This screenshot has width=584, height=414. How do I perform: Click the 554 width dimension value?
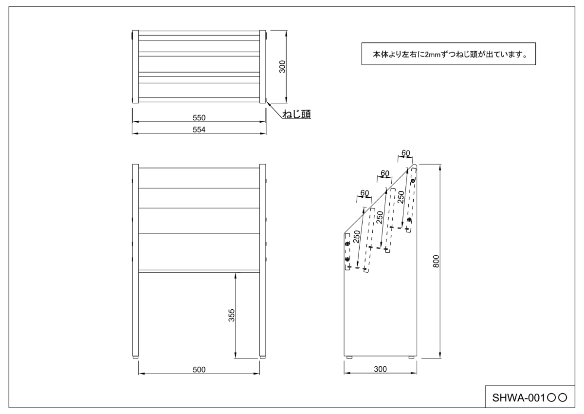point(199,130)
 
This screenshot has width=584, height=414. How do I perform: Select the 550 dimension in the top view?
point(199,117)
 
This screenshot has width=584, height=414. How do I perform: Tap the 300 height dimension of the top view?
point(281,66)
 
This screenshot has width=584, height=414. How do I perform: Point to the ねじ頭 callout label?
point(296,114)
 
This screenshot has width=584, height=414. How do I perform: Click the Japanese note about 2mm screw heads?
point(448,54)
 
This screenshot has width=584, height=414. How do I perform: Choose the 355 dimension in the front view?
point(232,315)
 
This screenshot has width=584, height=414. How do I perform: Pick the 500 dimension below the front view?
point(199,370)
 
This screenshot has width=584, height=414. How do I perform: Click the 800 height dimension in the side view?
point(436,262)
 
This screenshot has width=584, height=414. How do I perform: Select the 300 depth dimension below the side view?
point(381,369)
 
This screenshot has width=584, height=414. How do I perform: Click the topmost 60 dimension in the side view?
point(405,153)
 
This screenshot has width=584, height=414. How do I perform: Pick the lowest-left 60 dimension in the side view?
point(365,193)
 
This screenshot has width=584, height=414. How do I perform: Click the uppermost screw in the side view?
point(413,181)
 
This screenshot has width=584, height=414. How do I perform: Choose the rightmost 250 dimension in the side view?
point(401,197)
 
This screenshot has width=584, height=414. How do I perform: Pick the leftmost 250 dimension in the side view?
point(357,237)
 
